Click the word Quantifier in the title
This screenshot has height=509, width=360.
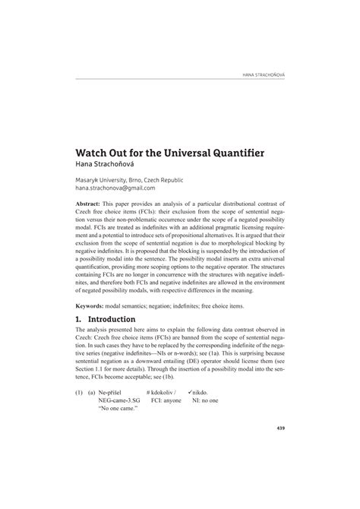click(x=227, y=153)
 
